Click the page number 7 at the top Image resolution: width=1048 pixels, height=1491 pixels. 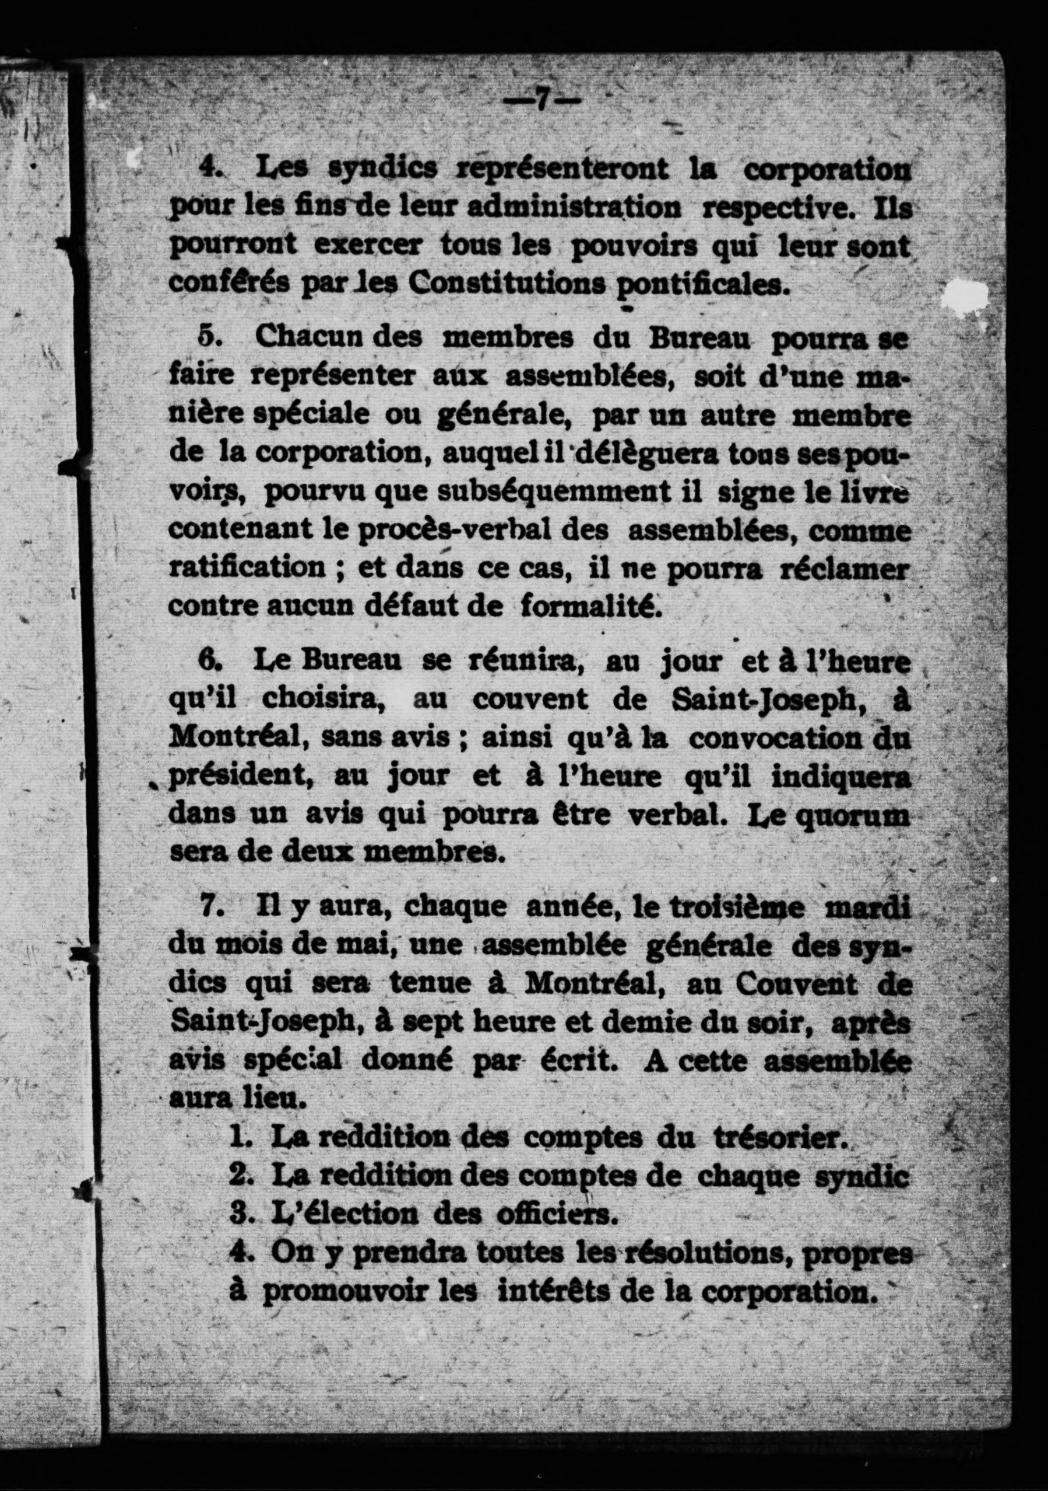point(541,101)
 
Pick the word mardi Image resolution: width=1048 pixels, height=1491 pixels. point(866,908)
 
